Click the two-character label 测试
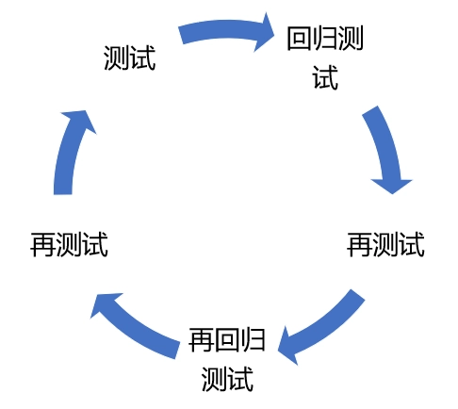(130, 57)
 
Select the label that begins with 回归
(325, 57)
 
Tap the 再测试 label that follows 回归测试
(385, 245)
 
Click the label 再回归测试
(227, 359)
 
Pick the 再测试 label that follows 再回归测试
(69, 245)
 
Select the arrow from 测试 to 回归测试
(224, 29)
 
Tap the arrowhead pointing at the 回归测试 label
(264, 32)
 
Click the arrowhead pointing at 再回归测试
(287, 346)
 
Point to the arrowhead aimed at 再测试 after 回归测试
(392, 186)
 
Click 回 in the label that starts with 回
(300, 39)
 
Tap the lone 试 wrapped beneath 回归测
(325, 77)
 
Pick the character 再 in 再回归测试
(202, 340)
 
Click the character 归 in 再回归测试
(253, 340)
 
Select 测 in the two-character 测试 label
(117, 57)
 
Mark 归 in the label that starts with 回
(325, 39)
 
